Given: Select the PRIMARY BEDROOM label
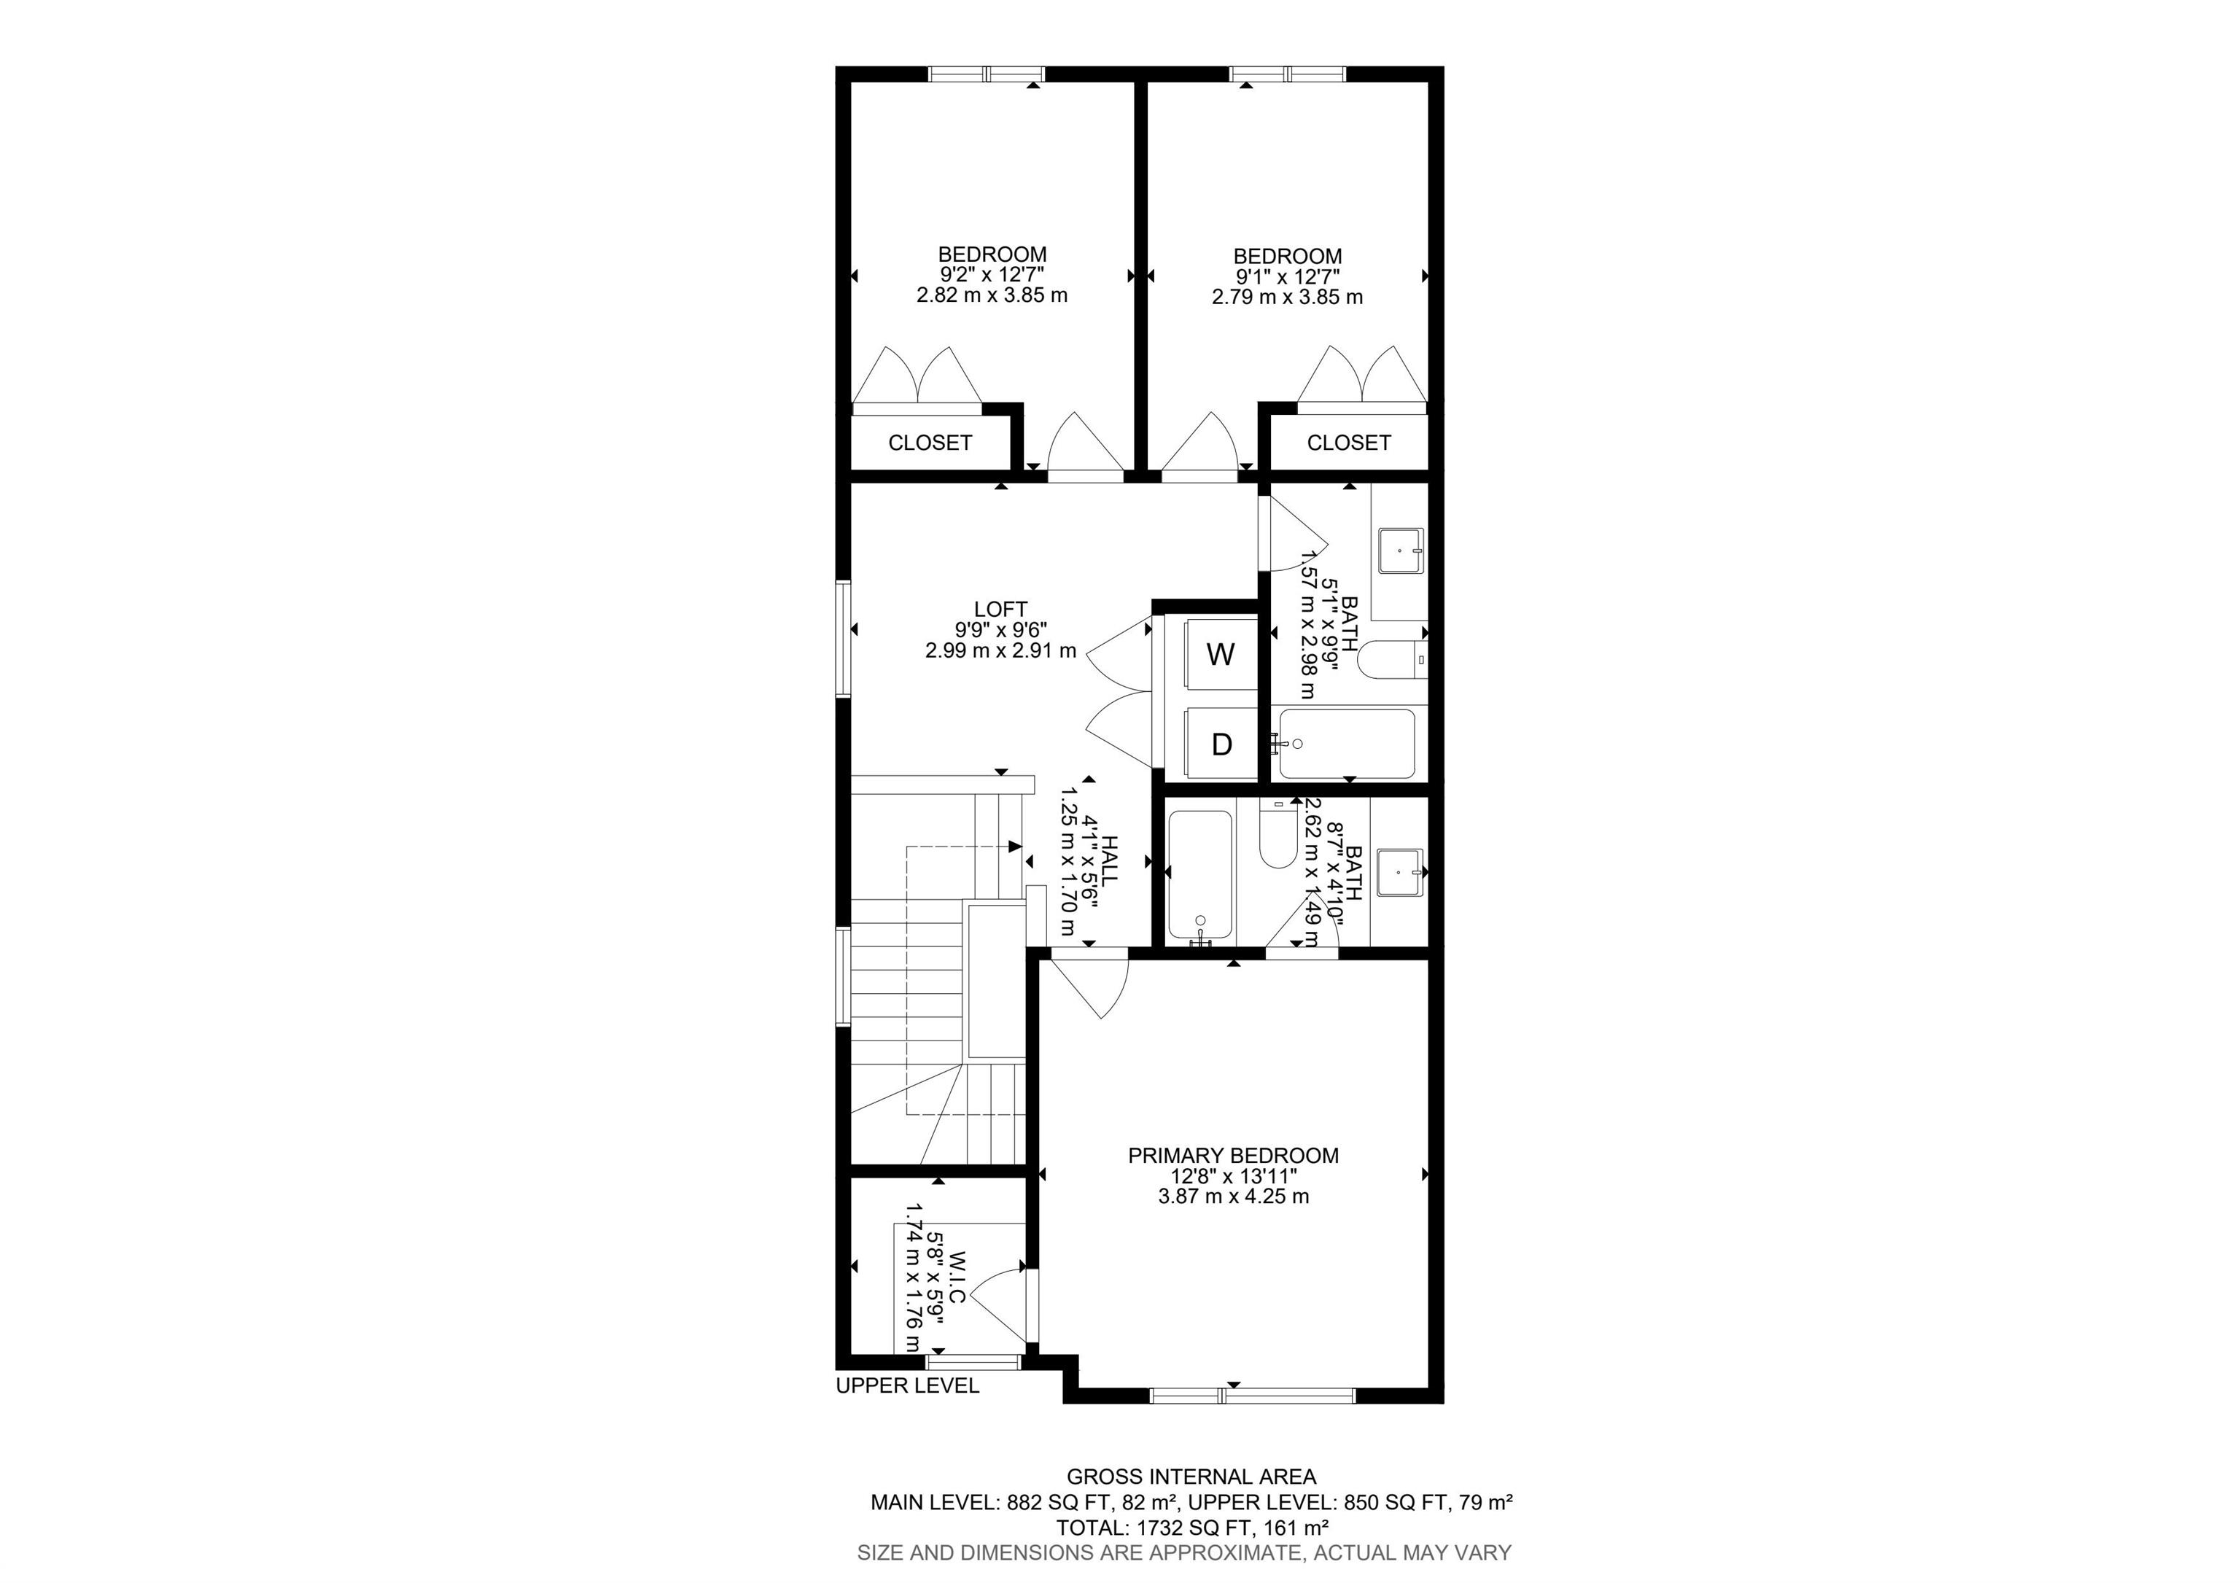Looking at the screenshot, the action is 1233,1156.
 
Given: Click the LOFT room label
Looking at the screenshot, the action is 1001,610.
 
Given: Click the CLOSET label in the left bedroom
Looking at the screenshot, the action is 930,443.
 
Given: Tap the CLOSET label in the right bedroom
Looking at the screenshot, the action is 1348,443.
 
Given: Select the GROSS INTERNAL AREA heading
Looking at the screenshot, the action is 1191,1477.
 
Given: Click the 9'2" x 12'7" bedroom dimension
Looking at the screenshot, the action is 992,275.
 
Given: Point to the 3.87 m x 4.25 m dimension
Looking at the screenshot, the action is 1233,1196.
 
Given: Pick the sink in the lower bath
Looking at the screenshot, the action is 1400,872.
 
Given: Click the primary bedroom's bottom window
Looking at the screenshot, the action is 1253,1395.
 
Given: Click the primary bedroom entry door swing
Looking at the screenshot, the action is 1090,988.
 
